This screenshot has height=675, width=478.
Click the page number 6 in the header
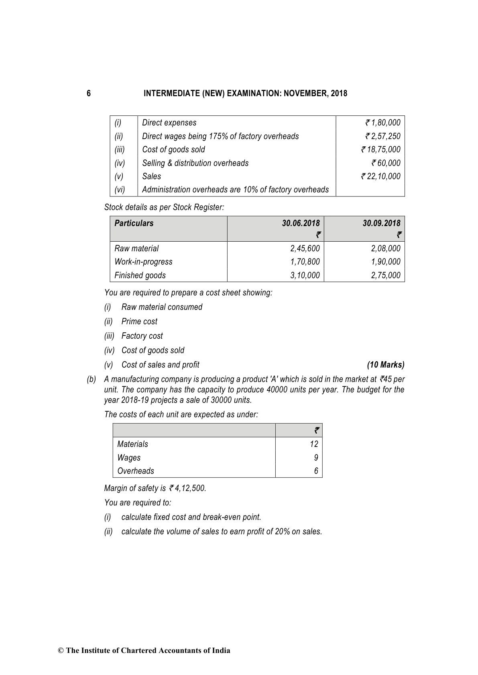[89, 93]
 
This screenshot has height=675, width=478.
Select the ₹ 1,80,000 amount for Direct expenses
[383, 123]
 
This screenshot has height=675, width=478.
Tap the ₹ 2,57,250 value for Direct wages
[383, 136]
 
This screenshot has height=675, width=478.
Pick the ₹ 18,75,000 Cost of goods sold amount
[381, 150]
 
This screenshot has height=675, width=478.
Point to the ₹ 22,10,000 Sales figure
[381, 176]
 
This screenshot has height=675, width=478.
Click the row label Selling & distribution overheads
[195, 163]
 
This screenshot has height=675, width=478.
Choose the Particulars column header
[134, 223]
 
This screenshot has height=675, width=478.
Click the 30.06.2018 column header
[301, 223]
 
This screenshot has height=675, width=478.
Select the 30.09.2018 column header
[381, 223]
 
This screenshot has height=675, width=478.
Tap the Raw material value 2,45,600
[305, 249]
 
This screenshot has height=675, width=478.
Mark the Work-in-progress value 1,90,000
[386, 262]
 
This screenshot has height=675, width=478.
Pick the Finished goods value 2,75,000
[386, 275]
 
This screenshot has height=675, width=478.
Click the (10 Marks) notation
[386, 365]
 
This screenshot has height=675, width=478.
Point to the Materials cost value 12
[314, 444]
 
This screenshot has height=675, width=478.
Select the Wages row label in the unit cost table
[129, 458]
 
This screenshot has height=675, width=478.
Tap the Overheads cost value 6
[316, 471]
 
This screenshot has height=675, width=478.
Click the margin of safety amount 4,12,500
[190, 488]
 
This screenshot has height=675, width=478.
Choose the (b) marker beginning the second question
[92, 379]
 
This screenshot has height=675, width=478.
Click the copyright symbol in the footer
[61, 651]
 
